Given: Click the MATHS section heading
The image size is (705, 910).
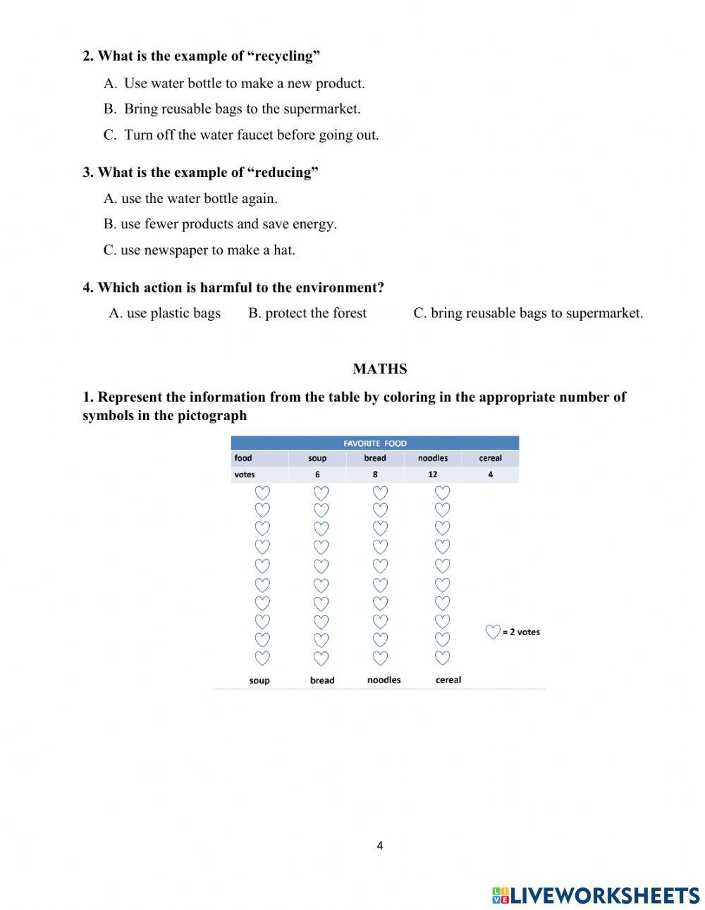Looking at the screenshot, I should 379,369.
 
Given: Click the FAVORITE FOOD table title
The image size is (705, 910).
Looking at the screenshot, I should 375,443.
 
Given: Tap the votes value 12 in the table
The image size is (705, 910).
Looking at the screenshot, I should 432,474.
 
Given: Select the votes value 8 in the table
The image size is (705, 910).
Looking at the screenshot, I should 375,474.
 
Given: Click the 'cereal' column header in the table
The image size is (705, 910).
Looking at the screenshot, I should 490,458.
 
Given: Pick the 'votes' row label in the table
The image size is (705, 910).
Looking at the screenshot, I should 245,474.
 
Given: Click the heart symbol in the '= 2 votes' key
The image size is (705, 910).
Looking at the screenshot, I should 493,632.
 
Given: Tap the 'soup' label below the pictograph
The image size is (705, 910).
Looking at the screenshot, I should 259,680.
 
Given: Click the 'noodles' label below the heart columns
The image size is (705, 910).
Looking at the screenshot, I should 384,680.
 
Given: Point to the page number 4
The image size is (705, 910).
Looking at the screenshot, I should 379,846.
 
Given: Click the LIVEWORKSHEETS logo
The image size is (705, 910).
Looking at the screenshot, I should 596,895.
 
